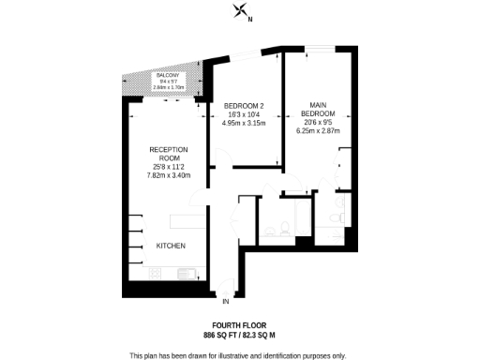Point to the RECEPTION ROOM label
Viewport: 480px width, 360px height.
[x=169, y=155]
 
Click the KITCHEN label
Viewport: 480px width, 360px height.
[x=171, y=246]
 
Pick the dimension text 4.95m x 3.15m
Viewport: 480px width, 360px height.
[x=244, y=123]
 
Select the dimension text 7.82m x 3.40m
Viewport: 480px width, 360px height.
[x=169, y=175]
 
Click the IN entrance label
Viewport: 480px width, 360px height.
[x=225, y=303]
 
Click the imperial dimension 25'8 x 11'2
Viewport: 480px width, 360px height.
[x=169, y=166]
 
